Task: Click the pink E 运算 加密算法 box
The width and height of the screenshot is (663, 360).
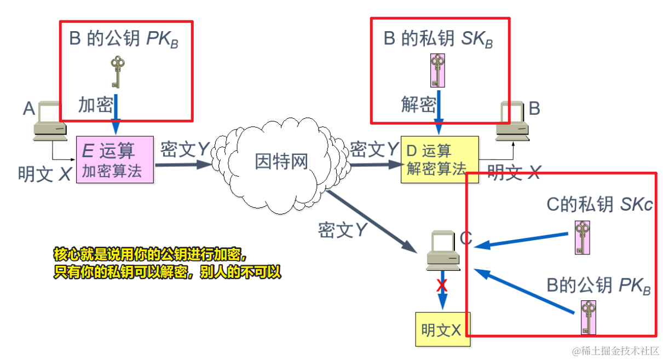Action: coord(115,159)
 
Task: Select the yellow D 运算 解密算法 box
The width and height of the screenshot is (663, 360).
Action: coord(439,159)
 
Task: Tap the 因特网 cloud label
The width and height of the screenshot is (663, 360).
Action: coord(281,162)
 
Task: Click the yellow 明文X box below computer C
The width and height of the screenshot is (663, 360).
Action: coord(442,329)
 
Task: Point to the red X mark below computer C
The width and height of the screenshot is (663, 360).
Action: coord(441,286)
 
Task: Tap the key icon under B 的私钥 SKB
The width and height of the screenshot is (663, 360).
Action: coord(437,70)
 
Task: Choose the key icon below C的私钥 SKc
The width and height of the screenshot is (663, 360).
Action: coord(583,237)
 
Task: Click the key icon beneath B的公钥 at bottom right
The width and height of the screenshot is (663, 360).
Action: coord(588,317)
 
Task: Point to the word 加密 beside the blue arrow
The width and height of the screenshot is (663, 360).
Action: coord(95,104)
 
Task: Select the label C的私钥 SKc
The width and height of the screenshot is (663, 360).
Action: coord(599,205)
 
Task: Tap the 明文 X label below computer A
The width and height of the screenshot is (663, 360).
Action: coord(45,174)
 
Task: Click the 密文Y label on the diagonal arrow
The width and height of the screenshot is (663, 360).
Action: coord(342,230)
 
